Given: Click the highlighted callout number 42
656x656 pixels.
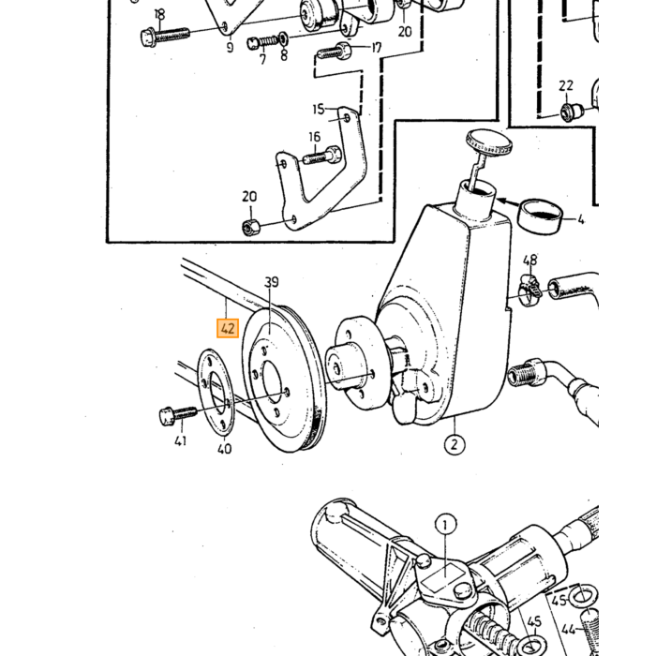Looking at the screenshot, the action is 228,328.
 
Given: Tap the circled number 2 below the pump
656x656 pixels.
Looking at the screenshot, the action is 455,444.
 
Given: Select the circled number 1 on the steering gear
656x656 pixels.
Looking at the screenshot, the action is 445,524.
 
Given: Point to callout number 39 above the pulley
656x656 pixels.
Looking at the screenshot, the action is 272,282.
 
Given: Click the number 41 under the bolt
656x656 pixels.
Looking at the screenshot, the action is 180,440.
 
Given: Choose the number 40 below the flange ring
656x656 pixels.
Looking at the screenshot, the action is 225,449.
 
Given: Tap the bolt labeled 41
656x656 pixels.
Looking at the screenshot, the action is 178,415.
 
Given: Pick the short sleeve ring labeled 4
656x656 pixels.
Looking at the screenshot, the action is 540,216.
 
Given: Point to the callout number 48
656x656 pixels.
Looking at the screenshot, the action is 530,261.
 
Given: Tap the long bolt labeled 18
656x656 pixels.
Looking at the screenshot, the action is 165,36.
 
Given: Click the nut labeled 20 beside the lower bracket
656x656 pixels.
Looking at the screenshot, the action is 250,228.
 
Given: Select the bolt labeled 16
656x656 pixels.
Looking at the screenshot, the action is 321,156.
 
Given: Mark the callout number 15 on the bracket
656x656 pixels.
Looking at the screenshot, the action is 319,110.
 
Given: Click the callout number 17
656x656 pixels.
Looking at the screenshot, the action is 377,47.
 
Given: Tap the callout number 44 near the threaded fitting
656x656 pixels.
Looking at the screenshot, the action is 568,629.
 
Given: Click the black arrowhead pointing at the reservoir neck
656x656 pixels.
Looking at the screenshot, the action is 501,201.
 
